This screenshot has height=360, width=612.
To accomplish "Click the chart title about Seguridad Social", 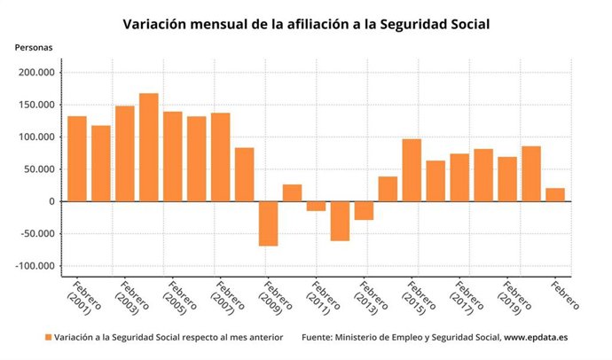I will coord(306,23).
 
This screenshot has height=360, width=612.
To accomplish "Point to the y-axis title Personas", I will coord(33,46).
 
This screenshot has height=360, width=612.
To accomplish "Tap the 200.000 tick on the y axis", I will coord(36,74).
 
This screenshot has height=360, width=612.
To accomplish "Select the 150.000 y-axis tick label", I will coord(36,106).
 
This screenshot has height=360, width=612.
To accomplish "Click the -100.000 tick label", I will coord(35,266).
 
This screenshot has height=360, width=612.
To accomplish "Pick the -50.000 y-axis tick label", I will coord(36,234).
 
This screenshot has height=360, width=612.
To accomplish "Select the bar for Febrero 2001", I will coord(77,159).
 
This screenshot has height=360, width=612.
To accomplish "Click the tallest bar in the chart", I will coord(148,147).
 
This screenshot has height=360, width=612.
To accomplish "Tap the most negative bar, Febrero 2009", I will coord(268,223).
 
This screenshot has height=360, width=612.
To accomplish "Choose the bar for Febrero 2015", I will coord(412,170).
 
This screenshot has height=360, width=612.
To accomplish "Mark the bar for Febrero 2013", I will coord(364,210).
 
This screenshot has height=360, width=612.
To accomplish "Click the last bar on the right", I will coord(555,194).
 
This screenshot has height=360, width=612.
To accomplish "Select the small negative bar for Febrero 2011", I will coord(316,206).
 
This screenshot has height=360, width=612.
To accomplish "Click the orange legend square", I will coord(48,338).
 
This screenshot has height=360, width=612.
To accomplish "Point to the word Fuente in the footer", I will coord(318,338).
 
